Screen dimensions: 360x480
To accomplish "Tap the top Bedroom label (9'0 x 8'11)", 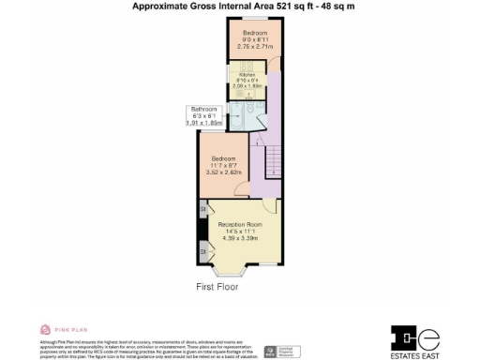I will [248, 38].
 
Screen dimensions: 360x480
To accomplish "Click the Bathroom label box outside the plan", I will [205, 116].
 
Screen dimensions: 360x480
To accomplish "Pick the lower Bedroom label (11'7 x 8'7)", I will [222, 165].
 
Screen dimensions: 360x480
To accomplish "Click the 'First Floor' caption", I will [217, 287].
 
